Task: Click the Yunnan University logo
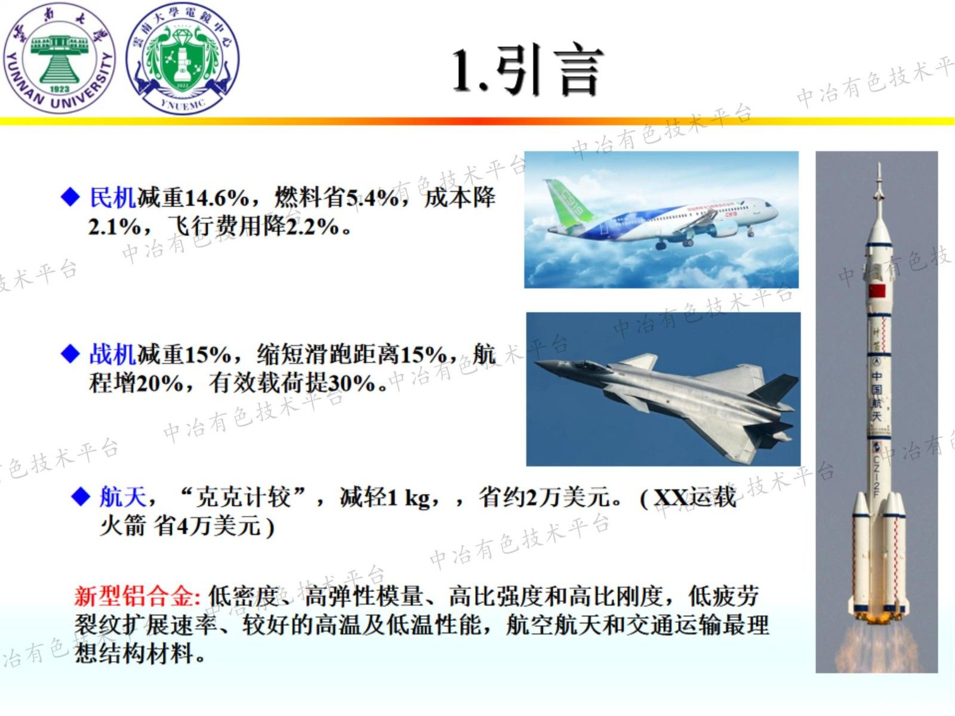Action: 60,58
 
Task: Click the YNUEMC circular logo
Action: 183,58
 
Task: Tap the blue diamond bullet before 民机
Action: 70,197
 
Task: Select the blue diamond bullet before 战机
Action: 70,354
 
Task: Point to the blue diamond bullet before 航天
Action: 81,496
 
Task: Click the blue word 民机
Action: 112,197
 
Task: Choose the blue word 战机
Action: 112,354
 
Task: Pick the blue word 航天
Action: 122,496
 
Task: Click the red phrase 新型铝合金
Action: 136,595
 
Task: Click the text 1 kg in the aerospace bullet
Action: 408,497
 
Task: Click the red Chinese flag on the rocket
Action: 877,291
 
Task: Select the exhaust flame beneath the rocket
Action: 876,644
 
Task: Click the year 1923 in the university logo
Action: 60,88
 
